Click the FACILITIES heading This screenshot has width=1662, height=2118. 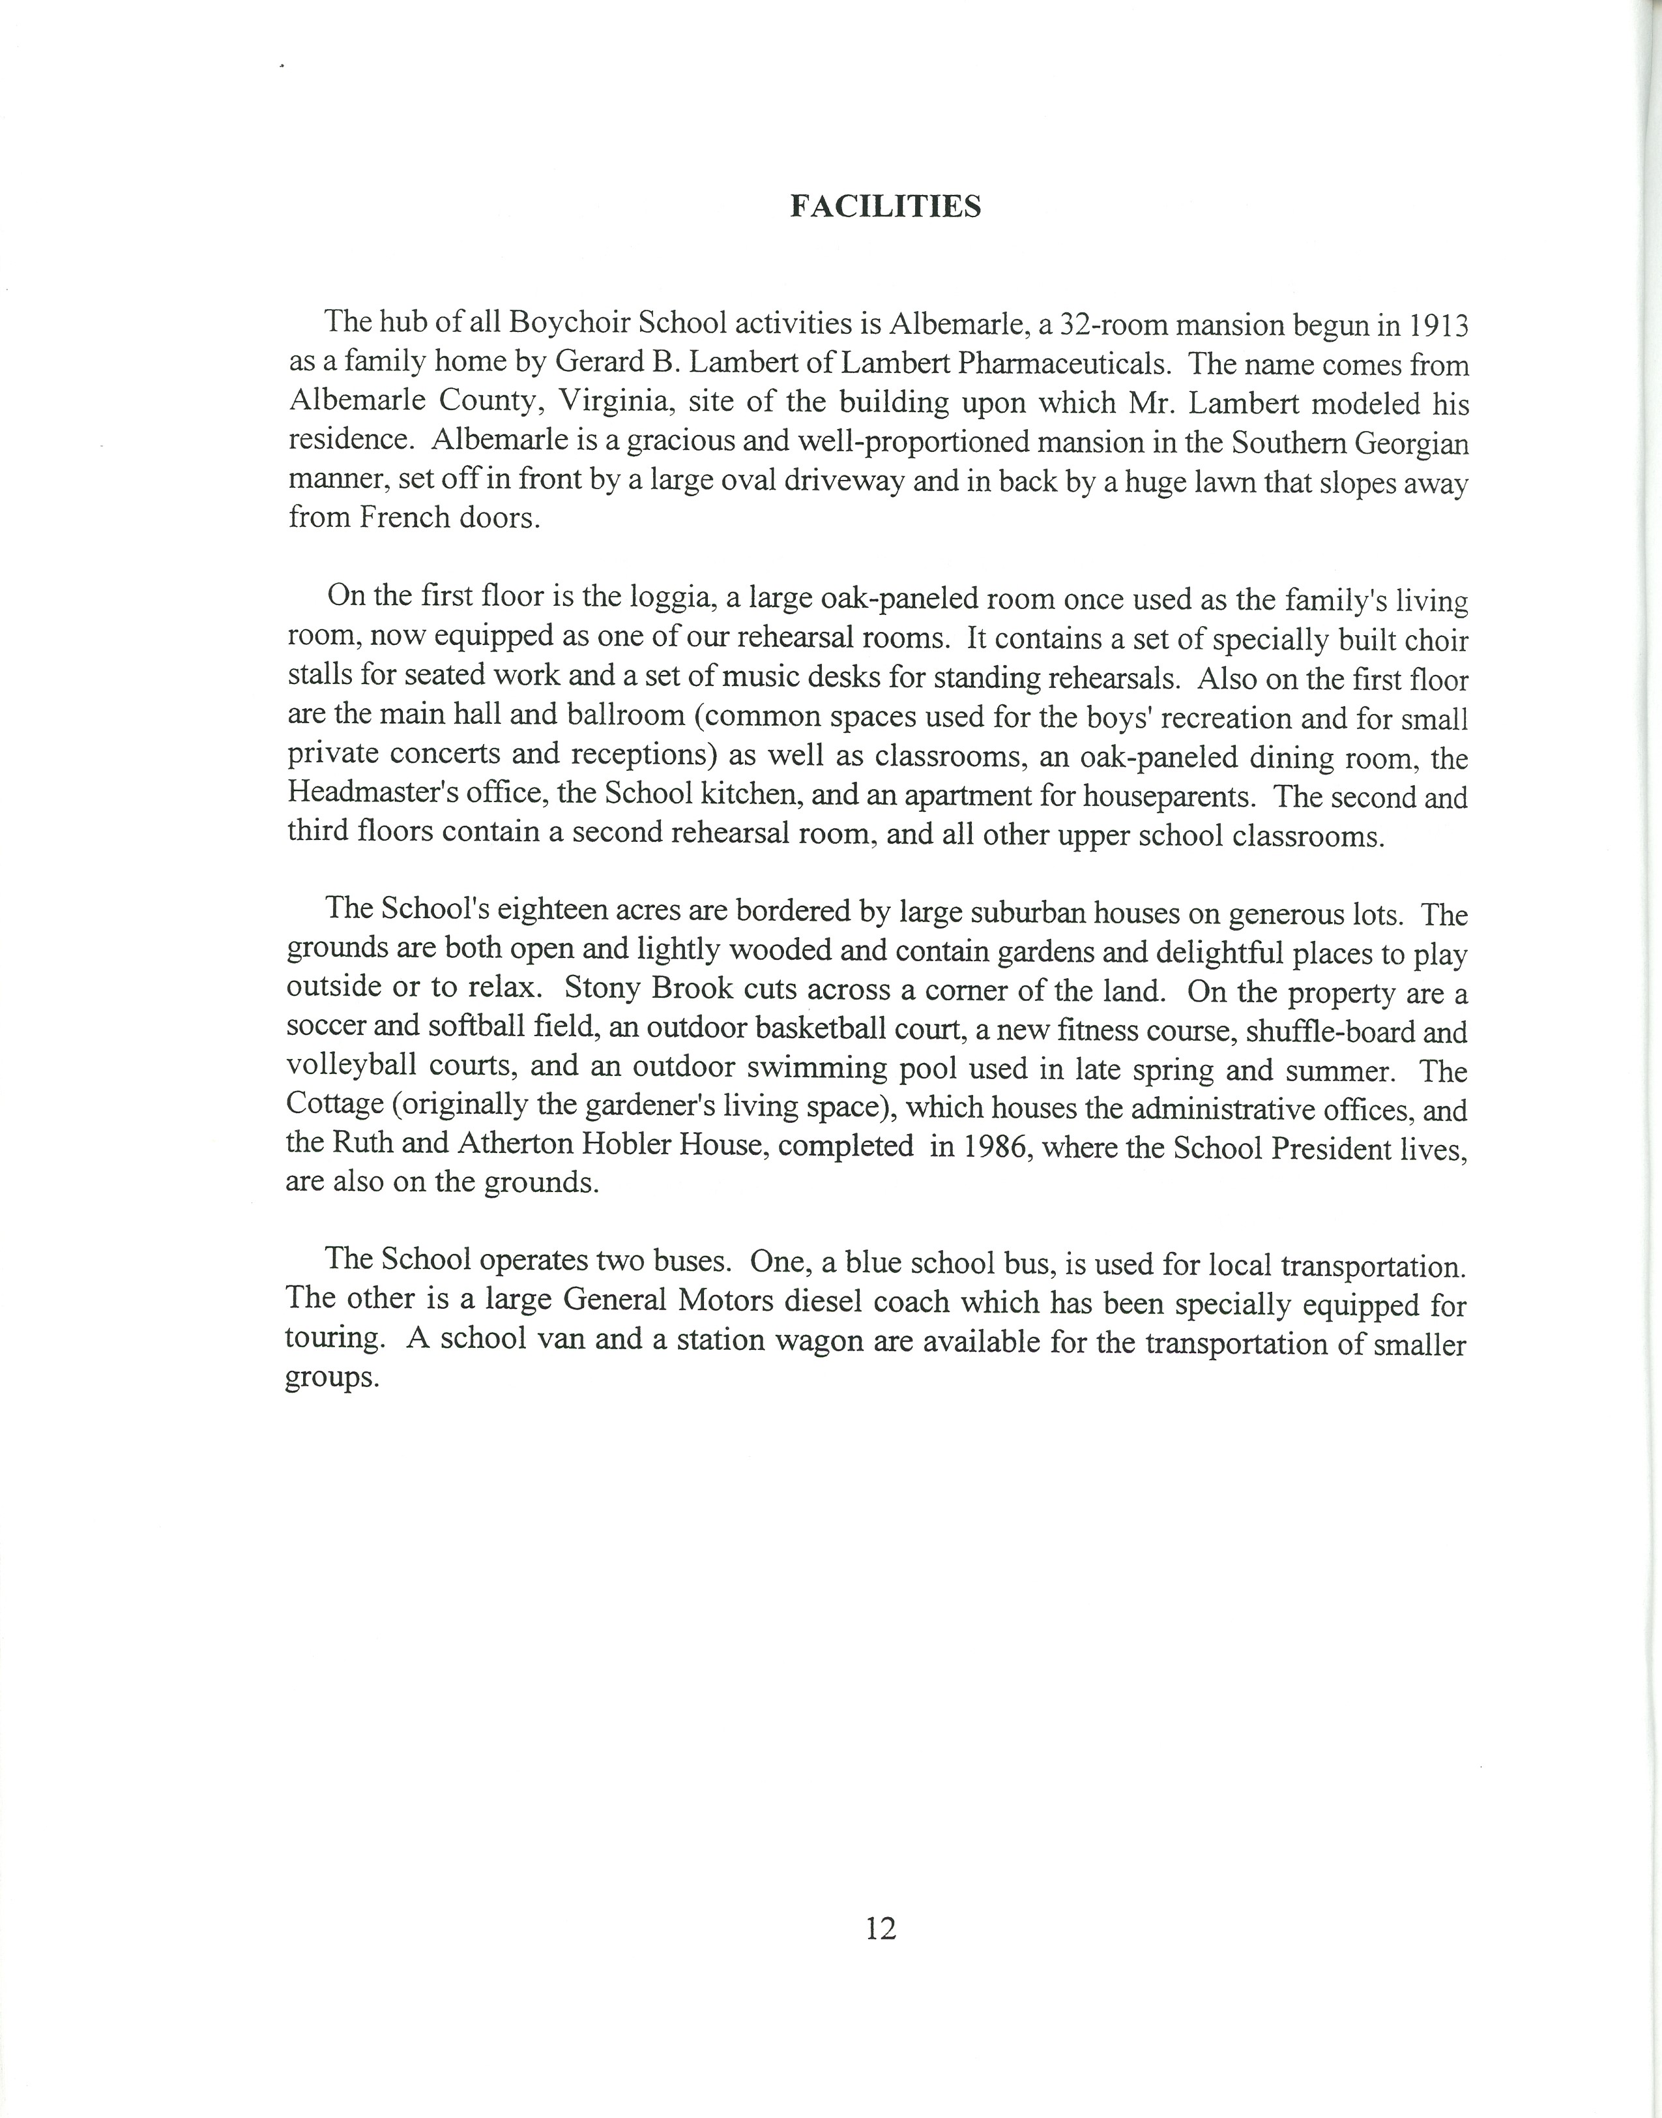[x=884, y=207]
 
